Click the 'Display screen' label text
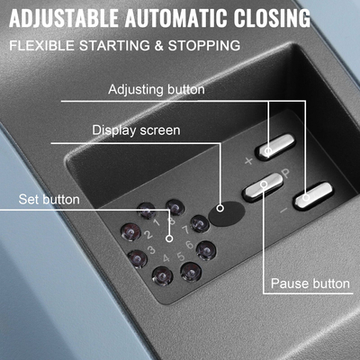(135, 130)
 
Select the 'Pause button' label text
(310, 283)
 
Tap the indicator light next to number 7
(200, 223)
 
